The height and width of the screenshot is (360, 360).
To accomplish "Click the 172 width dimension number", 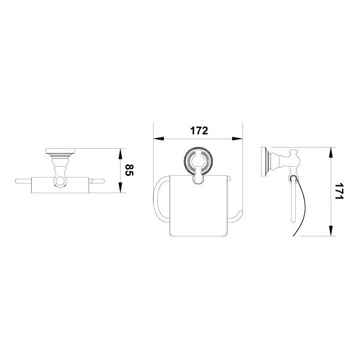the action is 199,131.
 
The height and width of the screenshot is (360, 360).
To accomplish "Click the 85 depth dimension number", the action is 129,170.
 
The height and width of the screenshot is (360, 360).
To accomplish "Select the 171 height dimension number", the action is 339,191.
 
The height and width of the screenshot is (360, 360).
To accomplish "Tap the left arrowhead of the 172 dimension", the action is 158,139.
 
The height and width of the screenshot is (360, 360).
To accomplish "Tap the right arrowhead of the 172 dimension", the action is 237,139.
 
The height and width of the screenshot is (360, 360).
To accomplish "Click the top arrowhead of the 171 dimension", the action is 331,152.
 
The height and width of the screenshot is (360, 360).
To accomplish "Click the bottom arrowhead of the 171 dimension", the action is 331,230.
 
